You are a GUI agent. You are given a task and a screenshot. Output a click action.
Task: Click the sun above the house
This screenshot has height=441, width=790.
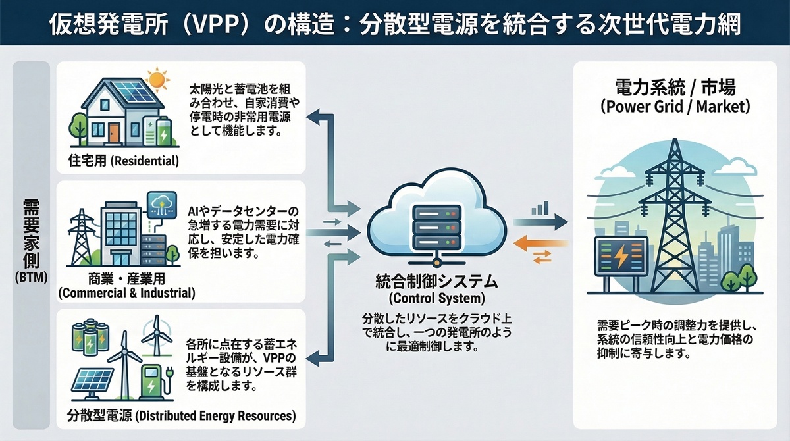[157, 80]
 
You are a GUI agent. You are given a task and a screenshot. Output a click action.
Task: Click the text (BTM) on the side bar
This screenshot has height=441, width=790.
[31, 278]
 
